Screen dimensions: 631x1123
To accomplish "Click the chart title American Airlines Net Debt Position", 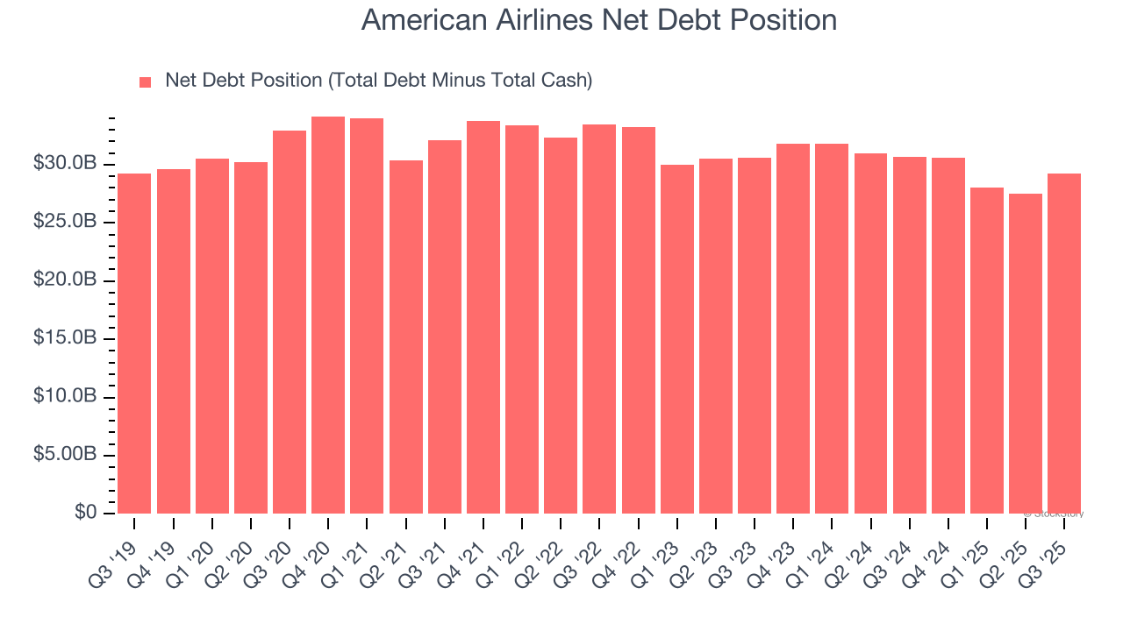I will [598, 20].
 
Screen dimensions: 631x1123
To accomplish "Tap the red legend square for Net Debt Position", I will [146, 82].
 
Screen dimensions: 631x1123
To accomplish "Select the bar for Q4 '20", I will [328, 315].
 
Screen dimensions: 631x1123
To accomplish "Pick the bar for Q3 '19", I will [134, 344].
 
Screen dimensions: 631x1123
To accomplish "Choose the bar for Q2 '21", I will [405, 337].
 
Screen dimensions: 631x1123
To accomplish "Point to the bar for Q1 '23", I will [676, 339].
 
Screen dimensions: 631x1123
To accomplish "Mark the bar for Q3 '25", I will [1063, 344].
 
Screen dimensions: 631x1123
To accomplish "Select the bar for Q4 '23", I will [793, 329].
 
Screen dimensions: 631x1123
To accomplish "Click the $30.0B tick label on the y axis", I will [64, 164].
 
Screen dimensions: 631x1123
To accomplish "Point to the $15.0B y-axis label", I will [64, 338].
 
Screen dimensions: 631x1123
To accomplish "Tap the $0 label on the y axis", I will [84, 513].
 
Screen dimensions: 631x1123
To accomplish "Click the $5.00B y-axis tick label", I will [64, 455].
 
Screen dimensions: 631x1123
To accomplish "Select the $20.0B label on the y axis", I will [64, 280].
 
